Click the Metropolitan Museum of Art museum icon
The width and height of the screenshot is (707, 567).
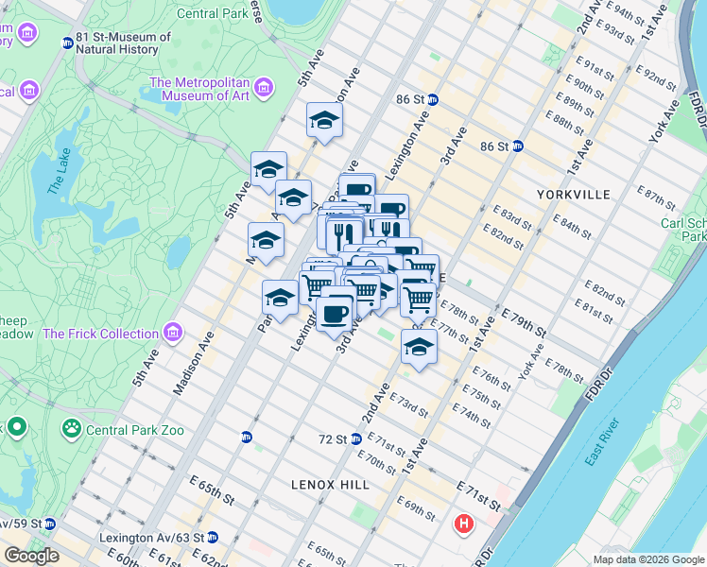coord(264,88)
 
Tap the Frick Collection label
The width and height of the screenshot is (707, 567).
coord(100,334)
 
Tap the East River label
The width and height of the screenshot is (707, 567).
coord(602,441)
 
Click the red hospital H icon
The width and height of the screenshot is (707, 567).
coord(464,523)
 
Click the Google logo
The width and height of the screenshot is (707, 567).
coord(31,555)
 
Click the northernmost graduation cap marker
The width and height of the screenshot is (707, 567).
coord(324,120)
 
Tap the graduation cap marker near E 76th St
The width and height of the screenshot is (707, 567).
coord(419,346)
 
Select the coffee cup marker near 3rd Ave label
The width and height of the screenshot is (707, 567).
coord(335,311)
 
